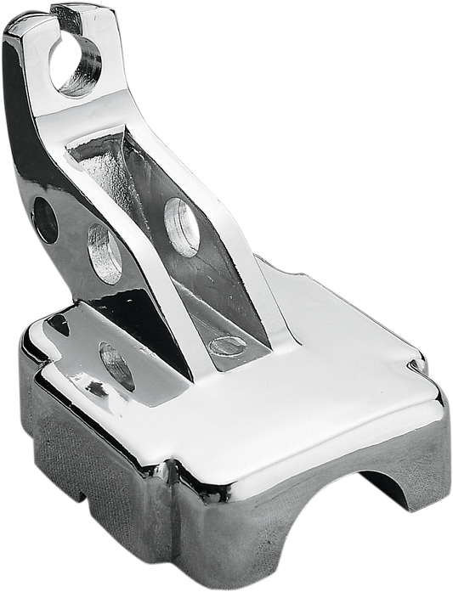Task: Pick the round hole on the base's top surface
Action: (x=118, y=363)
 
